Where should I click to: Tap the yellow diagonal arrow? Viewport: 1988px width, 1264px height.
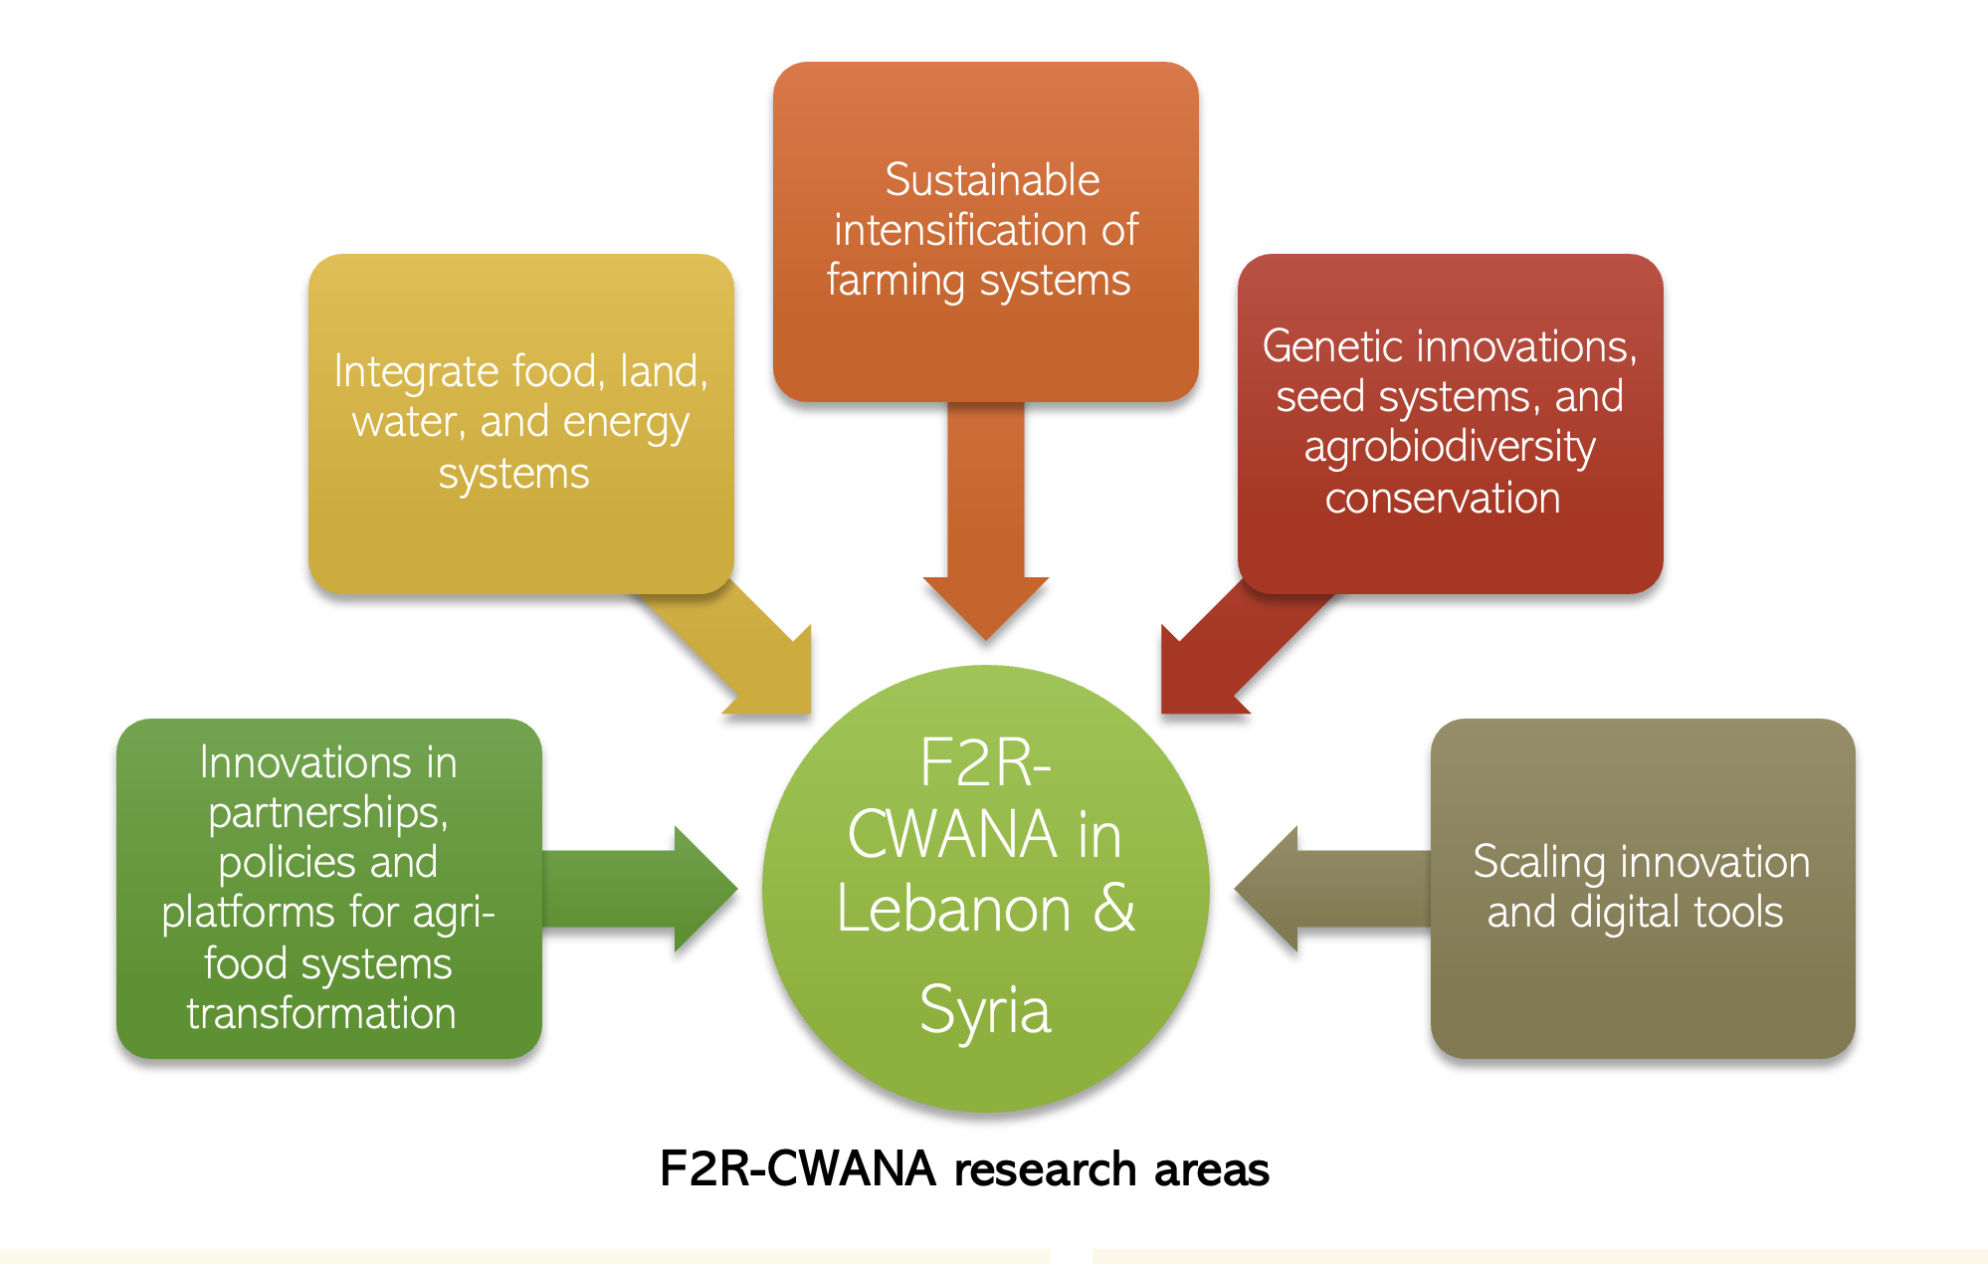[746, 647]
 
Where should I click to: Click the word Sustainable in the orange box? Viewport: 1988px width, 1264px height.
[992, 180]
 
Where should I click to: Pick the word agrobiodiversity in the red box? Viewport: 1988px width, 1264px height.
[1450, 447]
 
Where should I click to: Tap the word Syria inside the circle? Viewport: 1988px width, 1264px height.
[985, 1010]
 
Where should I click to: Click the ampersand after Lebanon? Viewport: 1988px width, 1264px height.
[1114, 908]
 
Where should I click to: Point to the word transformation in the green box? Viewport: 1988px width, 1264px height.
[321, 1013]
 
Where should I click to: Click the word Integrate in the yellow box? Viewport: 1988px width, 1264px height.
[415, 371]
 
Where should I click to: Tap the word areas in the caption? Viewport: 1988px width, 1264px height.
[1212, 1168]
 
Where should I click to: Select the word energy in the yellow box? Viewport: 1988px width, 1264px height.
[625, 423]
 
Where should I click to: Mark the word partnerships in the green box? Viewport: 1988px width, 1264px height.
[327, 813]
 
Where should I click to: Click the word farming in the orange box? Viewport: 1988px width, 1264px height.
[895, 281]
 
